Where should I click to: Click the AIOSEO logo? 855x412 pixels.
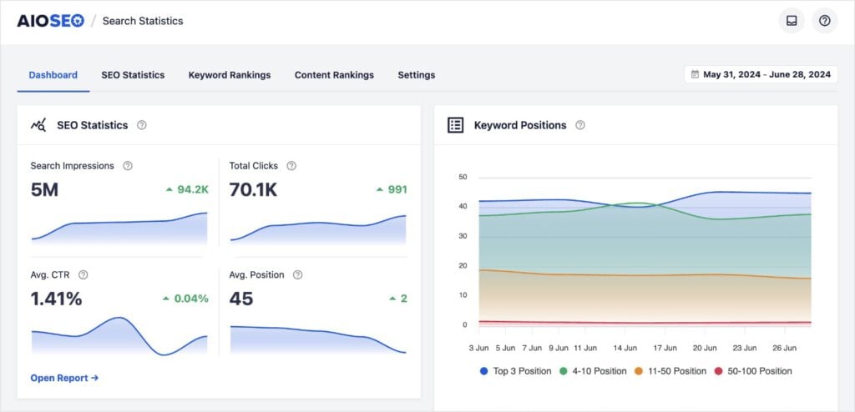50,21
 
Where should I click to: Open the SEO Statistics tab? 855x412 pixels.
133,75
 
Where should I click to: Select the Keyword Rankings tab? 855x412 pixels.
230,75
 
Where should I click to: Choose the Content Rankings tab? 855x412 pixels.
334,75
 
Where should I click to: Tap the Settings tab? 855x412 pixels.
416,75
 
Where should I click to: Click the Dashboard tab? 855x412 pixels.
53,75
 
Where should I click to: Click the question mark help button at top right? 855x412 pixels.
824,21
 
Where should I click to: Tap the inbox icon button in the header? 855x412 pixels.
791,21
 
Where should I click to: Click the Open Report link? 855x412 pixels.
64,378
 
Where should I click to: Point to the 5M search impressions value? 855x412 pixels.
44,190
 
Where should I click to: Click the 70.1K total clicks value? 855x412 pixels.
253,190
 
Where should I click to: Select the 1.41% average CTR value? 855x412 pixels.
56,299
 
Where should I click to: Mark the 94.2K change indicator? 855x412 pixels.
186,189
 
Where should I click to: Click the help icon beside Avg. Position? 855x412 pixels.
297,274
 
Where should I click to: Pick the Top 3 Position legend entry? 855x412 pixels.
515,371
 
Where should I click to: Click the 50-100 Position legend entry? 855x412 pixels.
753,371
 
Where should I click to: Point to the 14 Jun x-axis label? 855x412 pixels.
626,347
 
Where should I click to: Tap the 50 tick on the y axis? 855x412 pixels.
463,177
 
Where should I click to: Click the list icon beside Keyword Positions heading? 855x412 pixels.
455,125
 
